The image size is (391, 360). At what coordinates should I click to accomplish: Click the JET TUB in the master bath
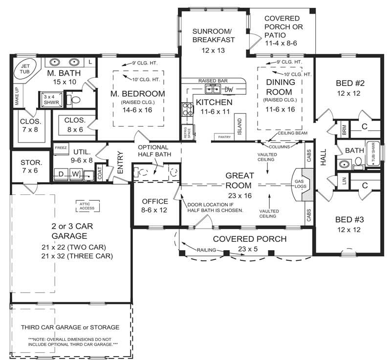[24, 68]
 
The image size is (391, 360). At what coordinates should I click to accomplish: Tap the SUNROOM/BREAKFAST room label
[213, 35]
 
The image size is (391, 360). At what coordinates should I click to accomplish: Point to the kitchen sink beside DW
[213, 89]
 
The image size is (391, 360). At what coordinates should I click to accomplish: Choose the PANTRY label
[224, 137]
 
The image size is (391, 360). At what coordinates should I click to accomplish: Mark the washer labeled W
[76, 174]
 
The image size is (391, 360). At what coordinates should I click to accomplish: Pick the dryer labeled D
[61, 174]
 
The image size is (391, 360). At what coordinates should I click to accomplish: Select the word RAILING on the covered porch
[202, 249]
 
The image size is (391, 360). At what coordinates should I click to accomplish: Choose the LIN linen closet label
[344, 181]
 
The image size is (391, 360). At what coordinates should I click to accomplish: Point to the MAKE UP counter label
[17, 96]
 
